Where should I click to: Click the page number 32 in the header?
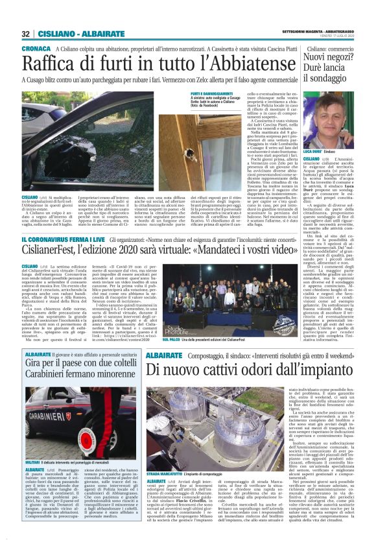25,34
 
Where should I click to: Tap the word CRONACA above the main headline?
35,49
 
